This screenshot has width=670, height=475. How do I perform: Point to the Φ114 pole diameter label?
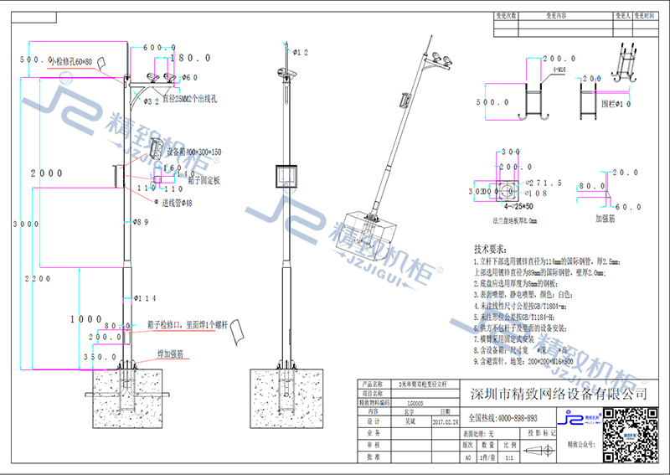coord(146,298)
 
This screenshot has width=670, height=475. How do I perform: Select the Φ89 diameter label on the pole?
coord(142,222)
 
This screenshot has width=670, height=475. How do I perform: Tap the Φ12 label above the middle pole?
coord(299,52)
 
